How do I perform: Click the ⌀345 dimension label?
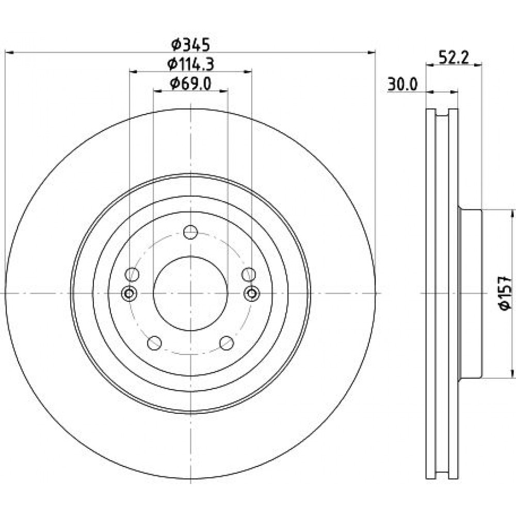click(191, 45)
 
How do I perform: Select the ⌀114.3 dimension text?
click(191, 64)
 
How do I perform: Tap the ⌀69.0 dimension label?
click(191, 84)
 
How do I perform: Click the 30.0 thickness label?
click(402, 85)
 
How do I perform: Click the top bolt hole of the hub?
click(190, 232)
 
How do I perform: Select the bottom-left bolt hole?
click(154, 343)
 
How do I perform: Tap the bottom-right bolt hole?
click(227, 343)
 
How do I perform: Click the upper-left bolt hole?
click(132, 275)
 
